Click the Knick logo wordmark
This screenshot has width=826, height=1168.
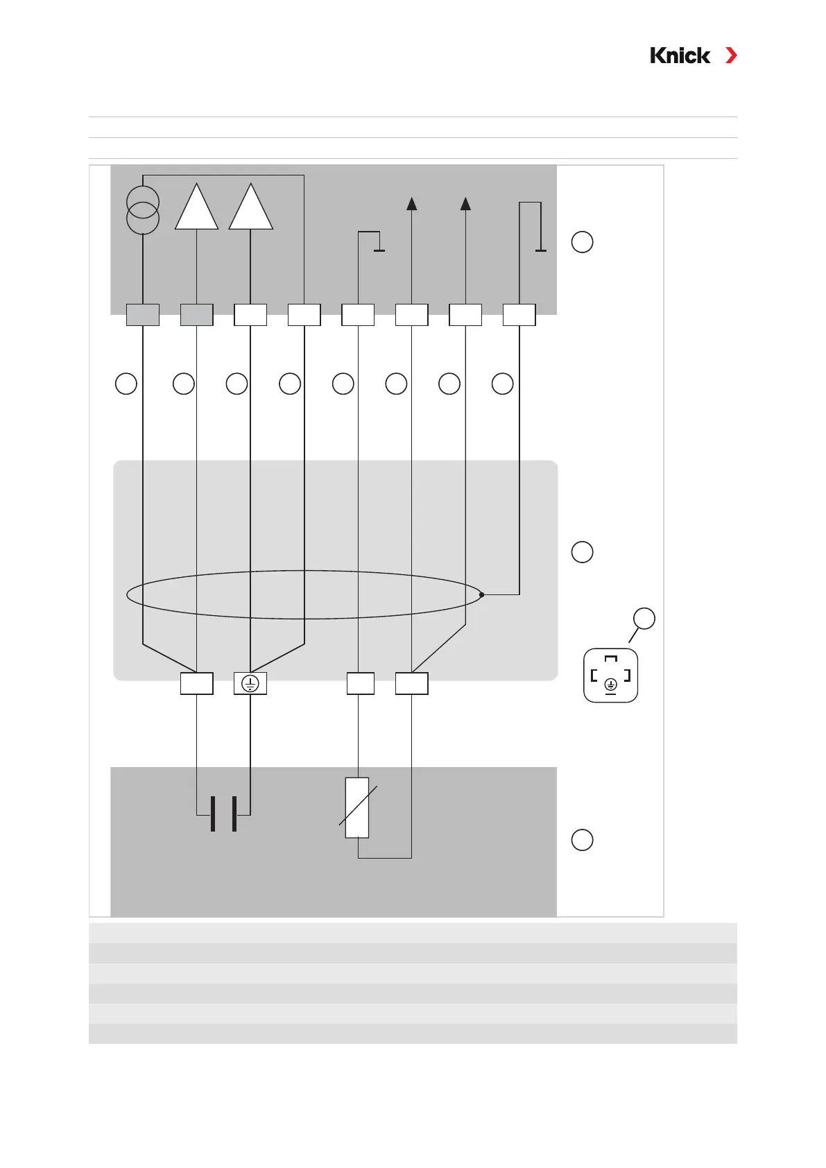click(x=680, y=55)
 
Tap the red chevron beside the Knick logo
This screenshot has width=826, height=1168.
click(x=731, y=55)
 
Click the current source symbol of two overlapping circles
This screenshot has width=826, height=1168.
click(x=143, y=210)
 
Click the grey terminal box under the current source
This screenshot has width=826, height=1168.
click(x=143, y=315)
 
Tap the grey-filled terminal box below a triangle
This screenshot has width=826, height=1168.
click(x=197, y=315)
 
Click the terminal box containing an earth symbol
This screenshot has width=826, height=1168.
click(x=250, y=684)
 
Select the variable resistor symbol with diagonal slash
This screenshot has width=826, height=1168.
click(x=357, y=807)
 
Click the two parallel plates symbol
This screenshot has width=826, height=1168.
click(x=223, y=814)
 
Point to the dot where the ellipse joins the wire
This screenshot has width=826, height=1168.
click(x=481, y=594)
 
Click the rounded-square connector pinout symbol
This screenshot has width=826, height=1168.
click(x=610, y=676)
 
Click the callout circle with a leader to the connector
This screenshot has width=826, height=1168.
click(x=644, y=619)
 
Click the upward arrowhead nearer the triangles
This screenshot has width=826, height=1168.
click(x=412, y=203)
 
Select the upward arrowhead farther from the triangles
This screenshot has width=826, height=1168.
click(x=465, y=203)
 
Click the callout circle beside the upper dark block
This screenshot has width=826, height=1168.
click(x=582, y=242)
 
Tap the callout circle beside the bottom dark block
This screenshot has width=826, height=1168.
click(x=582, y=840)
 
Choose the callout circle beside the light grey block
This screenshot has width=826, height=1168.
click(x=582, y=552)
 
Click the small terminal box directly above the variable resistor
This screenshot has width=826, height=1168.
click(x=360, y=684)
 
